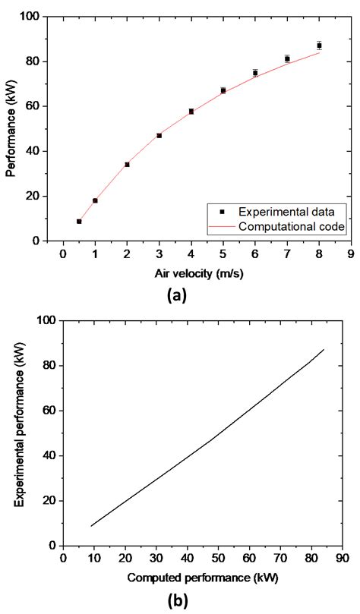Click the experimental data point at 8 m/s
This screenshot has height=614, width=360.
319,46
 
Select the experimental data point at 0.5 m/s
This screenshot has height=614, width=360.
79,222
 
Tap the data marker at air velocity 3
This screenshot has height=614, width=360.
159,135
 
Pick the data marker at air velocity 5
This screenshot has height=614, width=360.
223,90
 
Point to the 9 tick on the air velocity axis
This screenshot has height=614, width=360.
351,255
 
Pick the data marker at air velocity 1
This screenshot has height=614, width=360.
95,200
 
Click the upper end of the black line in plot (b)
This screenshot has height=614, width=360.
324,350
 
